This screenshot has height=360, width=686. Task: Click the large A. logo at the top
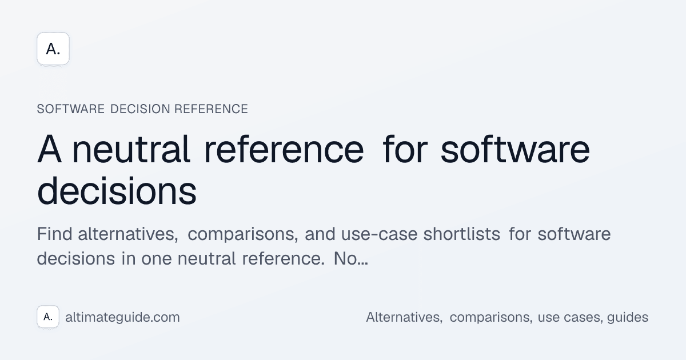pyautogui.click(x=53, y=49)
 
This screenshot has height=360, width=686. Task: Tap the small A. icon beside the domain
pyautogui.click(x=48, y=317)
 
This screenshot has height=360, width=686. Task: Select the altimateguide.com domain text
pyautogui.click(x=123, y=317)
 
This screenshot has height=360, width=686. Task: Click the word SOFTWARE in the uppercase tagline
pyautogui.click(x=70, y=109)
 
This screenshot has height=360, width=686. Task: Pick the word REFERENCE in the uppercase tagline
pyautogui.click(x=211, y=109)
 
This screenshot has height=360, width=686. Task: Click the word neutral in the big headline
pyautogui.click(x=131, y=150)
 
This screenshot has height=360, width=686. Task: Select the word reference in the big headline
pyautogui.click(x=284, y=150)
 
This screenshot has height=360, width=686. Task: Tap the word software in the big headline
pyautogui.click(x=516, y=150)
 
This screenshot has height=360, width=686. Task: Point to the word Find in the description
pyautogui.click(x=55, y=235)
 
